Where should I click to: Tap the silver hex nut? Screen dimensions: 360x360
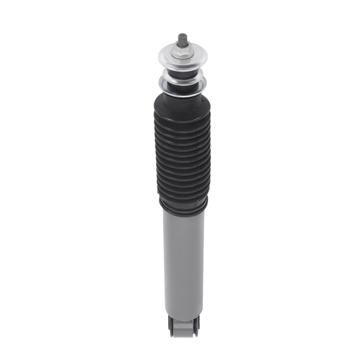[x=181, y=54]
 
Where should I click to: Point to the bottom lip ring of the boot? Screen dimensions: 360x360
[x=183, y=207]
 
